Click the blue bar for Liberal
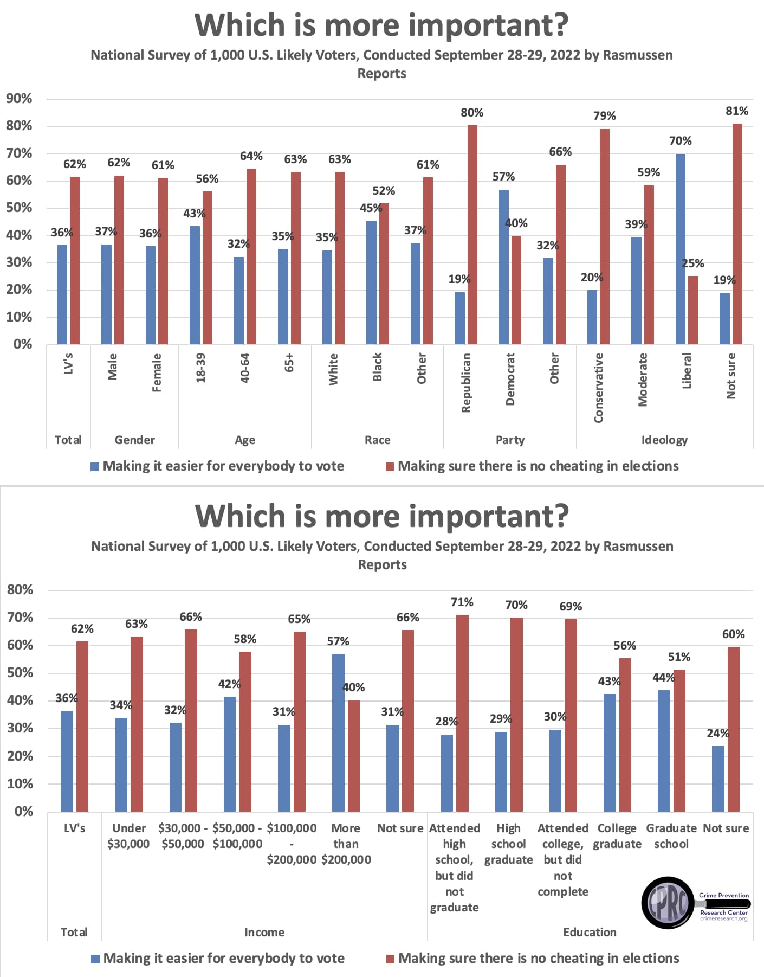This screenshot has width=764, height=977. coord(680,249)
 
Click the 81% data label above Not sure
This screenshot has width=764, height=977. coord(736,111)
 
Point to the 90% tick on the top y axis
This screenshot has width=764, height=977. coord(19,99)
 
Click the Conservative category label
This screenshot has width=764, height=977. coord(598,388)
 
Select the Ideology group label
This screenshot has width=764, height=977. coord(664,440)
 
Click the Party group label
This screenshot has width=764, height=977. coord(510,440)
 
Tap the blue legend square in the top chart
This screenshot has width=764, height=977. coord(95,467)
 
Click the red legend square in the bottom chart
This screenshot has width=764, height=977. coord(390,959)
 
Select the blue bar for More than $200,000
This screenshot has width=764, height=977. coord(338,732)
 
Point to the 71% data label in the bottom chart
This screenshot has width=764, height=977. coord(462,602)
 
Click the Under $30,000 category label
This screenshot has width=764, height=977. coord(128,835)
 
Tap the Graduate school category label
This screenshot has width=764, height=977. coord(671,835)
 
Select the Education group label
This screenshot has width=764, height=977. coord(590,932)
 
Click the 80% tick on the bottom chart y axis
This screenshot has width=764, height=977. coord(20,590)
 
